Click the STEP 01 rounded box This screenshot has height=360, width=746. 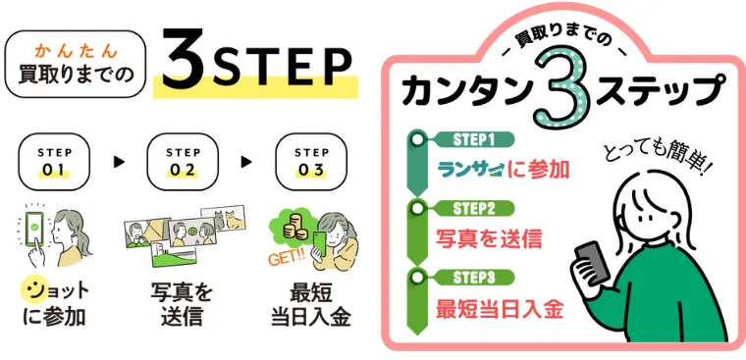(54, 162)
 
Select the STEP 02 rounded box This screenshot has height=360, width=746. (183, 162)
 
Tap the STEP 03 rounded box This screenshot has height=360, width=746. (311, 162)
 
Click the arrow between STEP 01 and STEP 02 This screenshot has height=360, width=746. (119, 162)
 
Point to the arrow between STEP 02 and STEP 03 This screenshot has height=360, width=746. (246, 162)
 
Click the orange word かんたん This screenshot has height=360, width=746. (77, 49)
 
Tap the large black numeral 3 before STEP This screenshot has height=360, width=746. (183, 60)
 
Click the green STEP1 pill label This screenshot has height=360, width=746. (475, 140)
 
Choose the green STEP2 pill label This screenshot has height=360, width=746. (475, 208)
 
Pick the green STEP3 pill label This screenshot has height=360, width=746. (475, 277)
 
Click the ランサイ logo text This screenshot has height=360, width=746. (470, 171)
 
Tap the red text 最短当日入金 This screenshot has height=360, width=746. (500, 310)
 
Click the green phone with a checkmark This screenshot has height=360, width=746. (33, 228)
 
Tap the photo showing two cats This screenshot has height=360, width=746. (223, 219)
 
